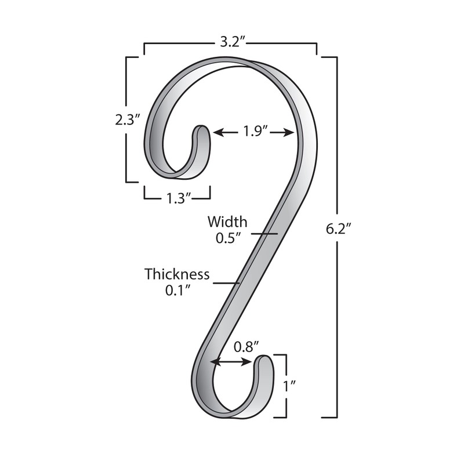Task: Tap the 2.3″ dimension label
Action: [x=128, y=120]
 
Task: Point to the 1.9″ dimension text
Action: [x=255, y=132]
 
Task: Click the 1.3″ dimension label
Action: [x=176, y=198]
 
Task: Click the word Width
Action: [x=227, y=222]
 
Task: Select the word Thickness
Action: [x=177, y=274]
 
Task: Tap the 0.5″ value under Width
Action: [x=227, y=238]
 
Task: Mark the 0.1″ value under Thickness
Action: [x=177, y=290]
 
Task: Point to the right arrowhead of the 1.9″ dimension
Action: [x=291, y=132]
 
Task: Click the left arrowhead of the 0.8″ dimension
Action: [x=214, y=362]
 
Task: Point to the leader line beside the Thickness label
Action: [x=226, y=283]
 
